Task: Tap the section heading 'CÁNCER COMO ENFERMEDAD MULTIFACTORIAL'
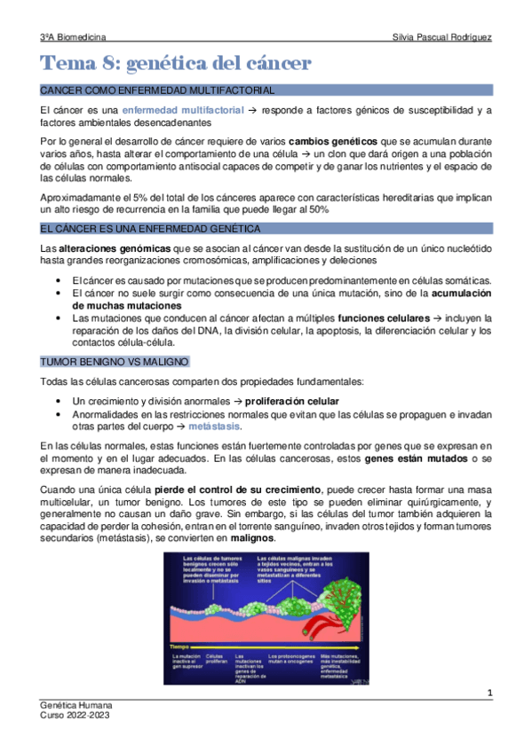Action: point(157,90)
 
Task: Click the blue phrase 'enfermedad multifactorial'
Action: point(183,110)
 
